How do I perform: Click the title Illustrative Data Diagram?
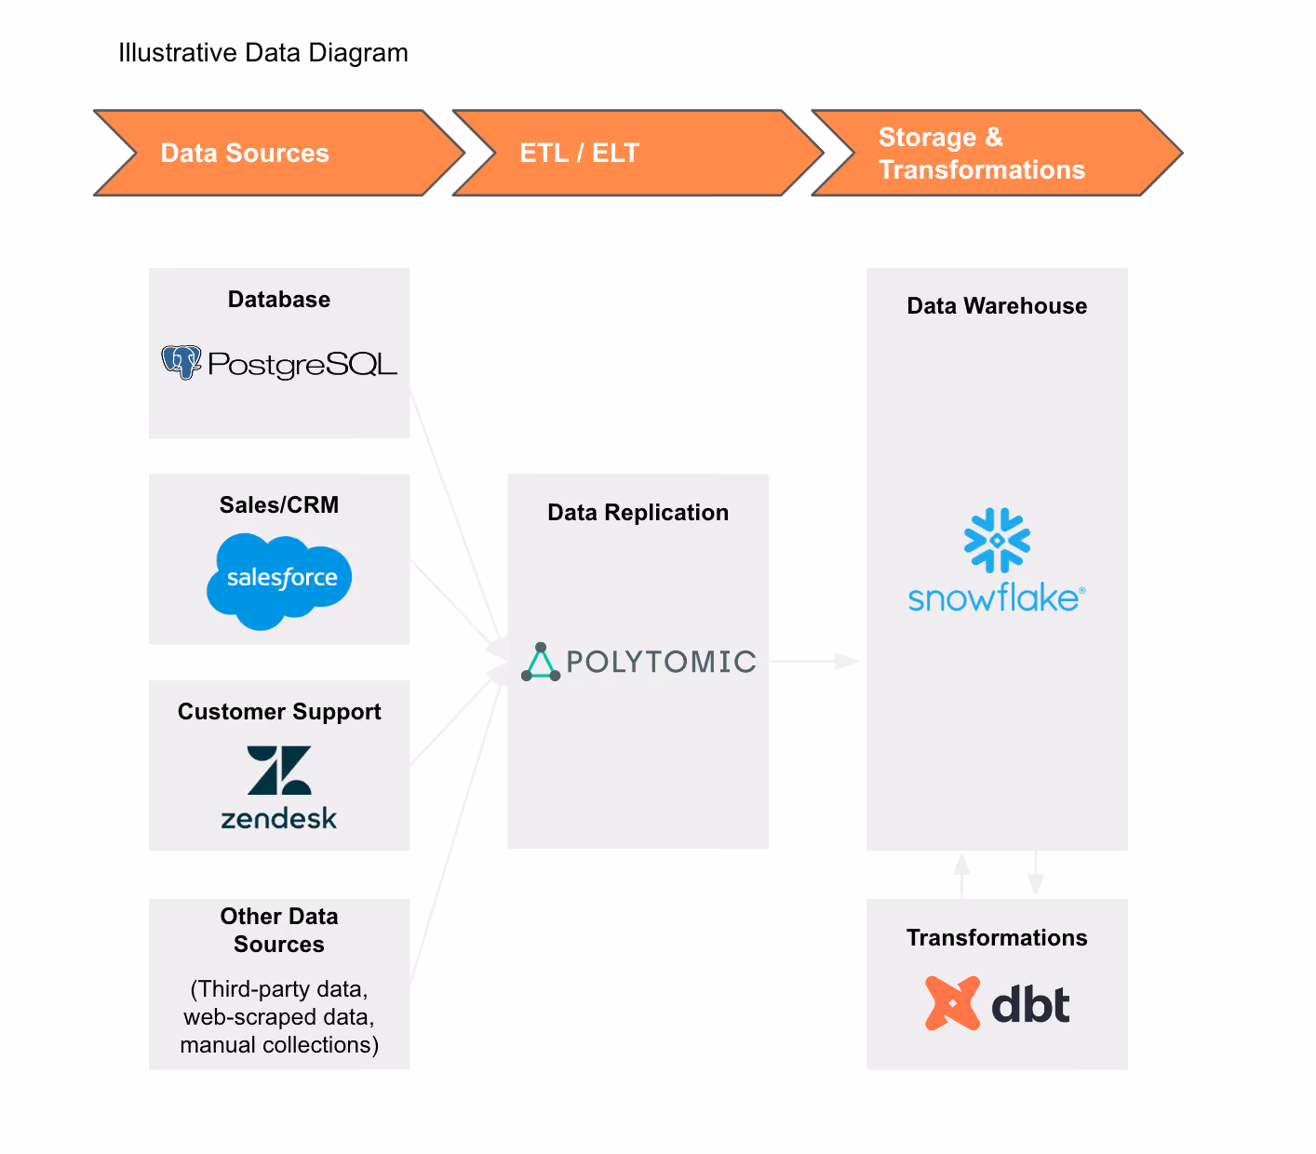coord(263,53)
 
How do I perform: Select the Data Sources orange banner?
coord(279,153)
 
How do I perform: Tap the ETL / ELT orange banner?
coord(638,153)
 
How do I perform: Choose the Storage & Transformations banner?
coord(998,153)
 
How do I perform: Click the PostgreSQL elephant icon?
coord(181,362)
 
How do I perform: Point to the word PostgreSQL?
coord(302,364)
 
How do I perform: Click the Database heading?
coord(279,300)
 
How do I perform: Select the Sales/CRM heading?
coord(279,504)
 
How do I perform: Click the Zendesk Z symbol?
coord(279,771)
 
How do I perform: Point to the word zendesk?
coord(279,818)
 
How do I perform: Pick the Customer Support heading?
coord(279,712)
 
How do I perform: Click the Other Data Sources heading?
coord(279,930)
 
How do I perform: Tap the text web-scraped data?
coord(279,1017)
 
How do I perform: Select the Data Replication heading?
coord(638,513)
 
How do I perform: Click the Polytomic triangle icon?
coord(541,662)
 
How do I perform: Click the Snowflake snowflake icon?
coord(998,541)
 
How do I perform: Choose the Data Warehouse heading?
coord(998,306)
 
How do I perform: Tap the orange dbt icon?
coord(953,1003)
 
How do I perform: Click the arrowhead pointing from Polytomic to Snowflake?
coord(847,661)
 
